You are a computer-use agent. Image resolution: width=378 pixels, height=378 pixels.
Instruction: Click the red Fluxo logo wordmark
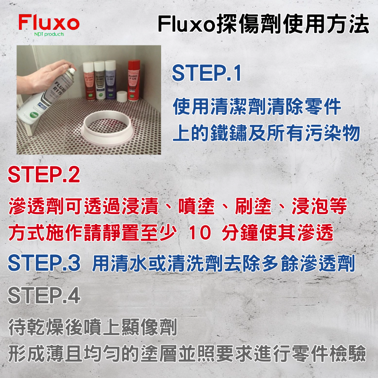click(x=49, y=23)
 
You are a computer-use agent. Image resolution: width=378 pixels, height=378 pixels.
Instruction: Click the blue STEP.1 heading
click(x=206, y=74)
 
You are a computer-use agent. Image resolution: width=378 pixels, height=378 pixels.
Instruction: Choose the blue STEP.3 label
click(x=44, y=263)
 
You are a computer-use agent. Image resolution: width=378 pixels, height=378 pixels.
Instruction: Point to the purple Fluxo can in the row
click(x=110, y=79)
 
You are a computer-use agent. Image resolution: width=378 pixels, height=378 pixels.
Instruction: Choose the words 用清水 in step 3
click(x=117, y=263)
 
